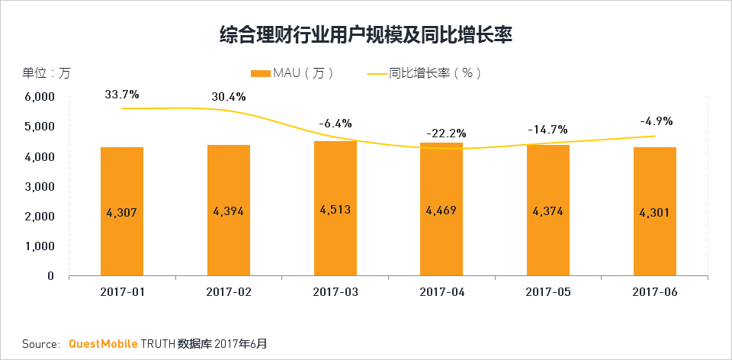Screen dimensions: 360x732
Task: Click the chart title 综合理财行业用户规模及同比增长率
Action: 365,34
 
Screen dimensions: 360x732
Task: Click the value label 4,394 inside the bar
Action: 228,211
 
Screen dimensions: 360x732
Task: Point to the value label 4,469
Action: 441,211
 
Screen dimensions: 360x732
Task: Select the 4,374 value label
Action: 547,211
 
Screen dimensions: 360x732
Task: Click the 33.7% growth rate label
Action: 122,95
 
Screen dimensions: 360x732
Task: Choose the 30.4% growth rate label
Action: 229,97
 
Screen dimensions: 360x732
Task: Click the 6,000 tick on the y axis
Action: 40,97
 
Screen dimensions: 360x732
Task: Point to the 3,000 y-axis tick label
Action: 40,186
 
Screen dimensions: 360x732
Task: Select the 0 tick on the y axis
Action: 50,276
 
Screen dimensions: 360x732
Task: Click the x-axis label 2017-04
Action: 441,291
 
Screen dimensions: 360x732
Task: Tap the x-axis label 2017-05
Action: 547,291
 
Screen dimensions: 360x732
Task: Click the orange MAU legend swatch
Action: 261,73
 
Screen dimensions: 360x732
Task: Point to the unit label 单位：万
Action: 46,73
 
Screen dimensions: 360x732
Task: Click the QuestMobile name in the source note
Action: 100,344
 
